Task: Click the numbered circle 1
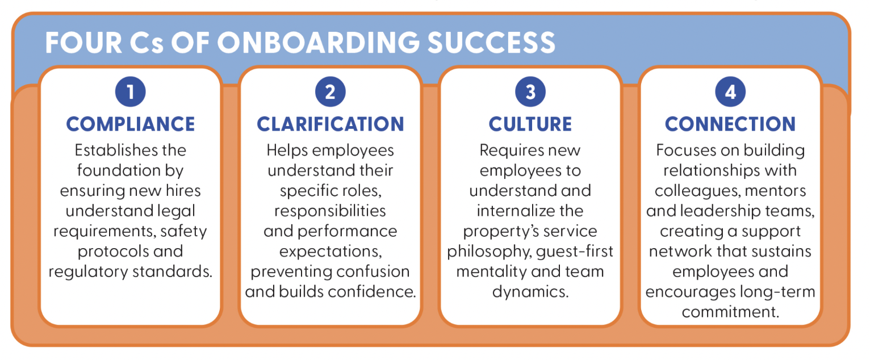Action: pyautogui.click(x=131, y=92)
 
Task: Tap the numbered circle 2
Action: pyautogui.click(x=331, y=92)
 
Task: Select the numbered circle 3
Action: pyautogui.click(x=530, y=92)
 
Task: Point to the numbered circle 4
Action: pyautogui.click(x=730, y=92)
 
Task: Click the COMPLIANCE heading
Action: pyautogui.click(x=131, y=124)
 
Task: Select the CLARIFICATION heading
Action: pyautogui.click(x=331, y=124)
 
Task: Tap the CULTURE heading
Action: pyautogui.click(x=530, y=124)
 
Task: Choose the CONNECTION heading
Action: pyautogui.click(x=730, y=124)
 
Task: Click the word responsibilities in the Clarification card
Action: pyautogui.click(x=331, y=211)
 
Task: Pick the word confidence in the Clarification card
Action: pyautogui.click(x=373, y=292)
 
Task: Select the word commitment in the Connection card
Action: pyautogui.click(x=730, y=312)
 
